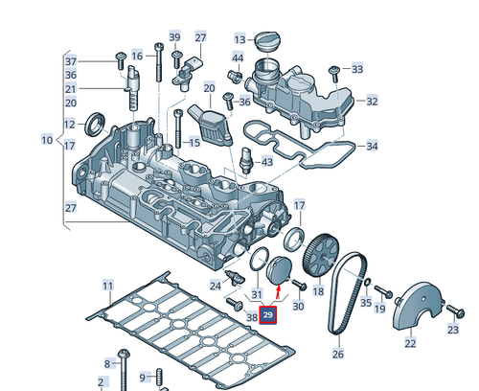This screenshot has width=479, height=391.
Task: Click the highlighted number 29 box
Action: point(268,315)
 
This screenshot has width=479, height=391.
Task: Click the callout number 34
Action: point(372,147)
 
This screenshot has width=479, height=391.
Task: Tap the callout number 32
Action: point(372,101)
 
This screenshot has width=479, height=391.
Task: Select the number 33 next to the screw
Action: point(357,69)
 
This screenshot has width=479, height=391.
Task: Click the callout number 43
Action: point(266,162)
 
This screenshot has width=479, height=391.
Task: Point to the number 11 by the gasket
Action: point(107,286)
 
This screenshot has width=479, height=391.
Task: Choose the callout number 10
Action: point(45,141)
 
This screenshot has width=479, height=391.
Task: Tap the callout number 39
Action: point(174,37)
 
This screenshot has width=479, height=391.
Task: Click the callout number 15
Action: point(194,144)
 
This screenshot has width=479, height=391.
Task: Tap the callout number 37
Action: point(70,61)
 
